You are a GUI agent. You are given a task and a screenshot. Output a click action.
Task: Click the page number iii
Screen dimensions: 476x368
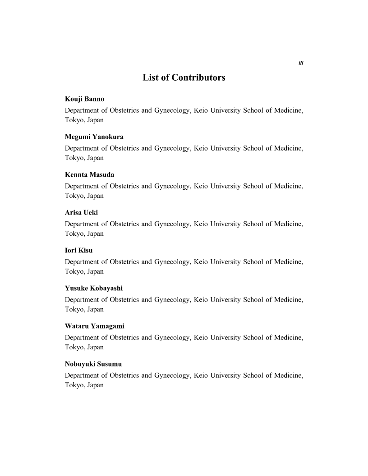(301, 63)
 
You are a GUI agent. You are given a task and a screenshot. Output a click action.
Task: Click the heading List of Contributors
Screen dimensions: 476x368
(184, 78)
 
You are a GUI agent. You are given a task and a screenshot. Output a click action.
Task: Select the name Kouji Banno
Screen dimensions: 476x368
(84, 99)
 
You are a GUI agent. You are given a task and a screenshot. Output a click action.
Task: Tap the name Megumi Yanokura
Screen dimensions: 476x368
(94, 137)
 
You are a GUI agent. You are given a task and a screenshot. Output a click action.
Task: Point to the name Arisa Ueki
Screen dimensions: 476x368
(81, 213)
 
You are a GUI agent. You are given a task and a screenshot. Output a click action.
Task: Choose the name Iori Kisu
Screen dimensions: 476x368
(78, 251)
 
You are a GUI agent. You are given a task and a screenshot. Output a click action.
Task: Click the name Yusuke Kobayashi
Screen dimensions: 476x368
(94, 288)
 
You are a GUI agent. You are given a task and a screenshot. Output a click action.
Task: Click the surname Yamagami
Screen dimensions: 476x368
(107, 326)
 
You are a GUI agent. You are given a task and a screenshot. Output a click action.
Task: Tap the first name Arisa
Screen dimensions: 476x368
(74, 213)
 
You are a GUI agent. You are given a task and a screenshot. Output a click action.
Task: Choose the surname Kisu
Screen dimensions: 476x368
(85, 251)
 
